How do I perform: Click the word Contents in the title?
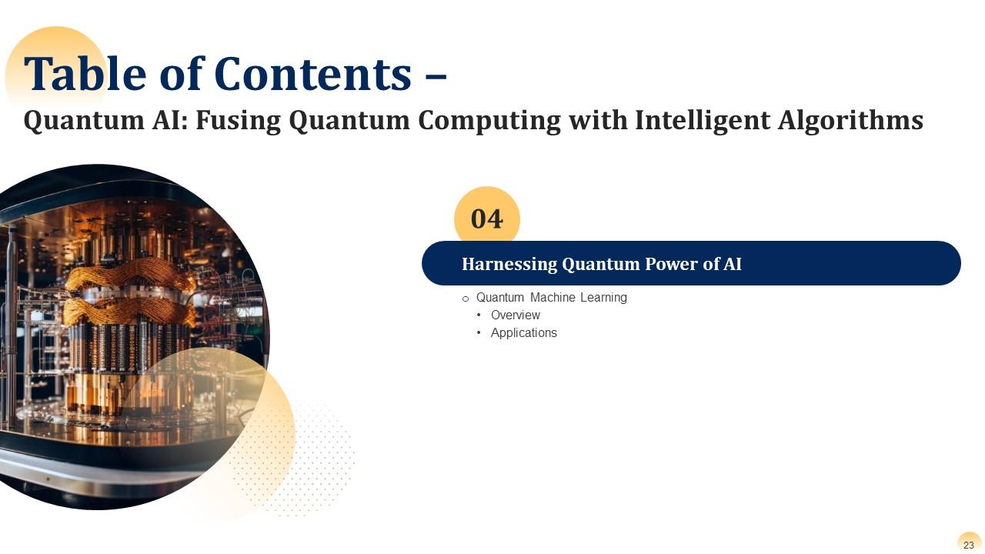click(x=312, y=74)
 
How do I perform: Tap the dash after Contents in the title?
click(x=436, y=75)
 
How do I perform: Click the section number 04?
click(x=487, y=219)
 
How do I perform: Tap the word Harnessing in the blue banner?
click(x=509, y=264)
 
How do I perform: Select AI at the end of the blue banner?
click(x=732, y=264)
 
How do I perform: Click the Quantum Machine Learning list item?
click(x=551, y=298)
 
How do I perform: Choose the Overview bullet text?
click(x=516, y=315)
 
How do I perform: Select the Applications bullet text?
click(x=523, y=333)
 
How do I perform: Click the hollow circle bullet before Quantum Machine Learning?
click(x=465, y=299)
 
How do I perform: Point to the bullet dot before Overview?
click(x=479, y=315)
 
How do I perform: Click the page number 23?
click(x=969, y=545)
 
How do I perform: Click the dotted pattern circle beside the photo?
click(x=316, y=462)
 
